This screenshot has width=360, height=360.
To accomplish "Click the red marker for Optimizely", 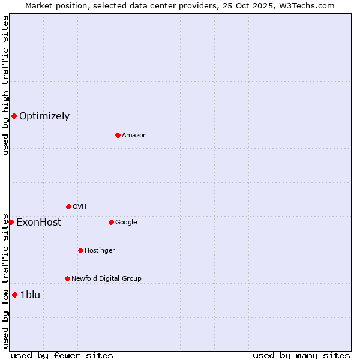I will (14, 116).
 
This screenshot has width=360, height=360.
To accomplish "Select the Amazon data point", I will (118, 135).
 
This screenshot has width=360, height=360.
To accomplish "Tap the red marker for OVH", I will (68, 206).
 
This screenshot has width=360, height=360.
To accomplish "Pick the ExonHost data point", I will (11, 222).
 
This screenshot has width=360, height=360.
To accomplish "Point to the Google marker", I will (111, 222).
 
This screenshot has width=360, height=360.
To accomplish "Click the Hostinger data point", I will (80, 250).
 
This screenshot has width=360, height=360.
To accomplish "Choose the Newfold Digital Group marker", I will (67, 278).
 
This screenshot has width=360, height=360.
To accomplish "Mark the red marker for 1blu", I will (14, 295).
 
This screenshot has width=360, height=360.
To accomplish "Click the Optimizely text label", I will (44, 116).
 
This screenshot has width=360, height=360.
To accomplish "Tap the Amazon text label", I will (134, 136).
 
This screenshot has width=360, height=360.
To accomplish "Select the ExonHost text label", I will (38, 223).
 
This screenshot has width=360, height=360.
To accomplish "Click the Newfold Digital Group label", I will (106, 278).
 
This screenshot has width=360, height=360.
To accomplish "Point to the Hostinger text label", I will (100, 250).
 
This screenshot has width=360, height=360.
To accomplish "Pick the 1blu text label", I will (30, 295).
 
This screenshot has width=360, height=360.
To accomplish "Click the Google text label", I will (126, 223).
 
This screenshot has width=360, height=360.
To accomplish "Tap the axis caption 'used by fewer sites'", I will (62, 355).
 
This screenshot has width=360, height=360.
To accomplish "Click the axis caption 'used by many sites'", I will (301, 355).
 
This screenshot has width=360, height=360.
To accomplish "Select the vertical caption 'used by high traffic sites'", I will (5, 85).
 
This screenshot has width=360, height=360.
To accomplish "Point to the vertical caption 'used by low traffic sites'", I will (5, 281).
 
